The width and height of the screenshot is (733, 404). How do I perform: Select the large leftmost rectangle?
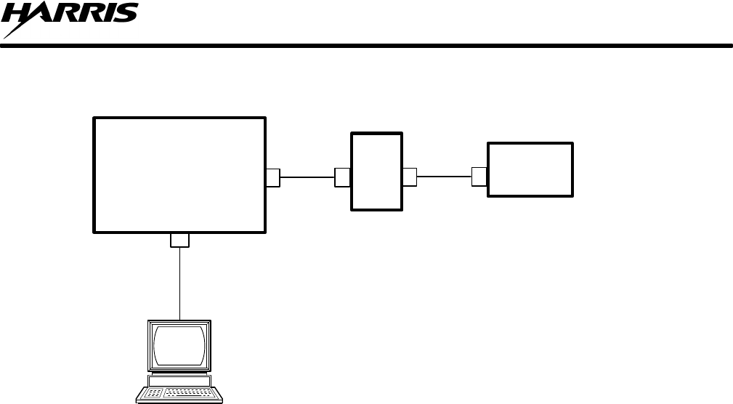point(179,174)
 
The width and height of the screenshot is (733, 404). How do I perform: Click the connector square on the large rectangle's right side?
point(273,177)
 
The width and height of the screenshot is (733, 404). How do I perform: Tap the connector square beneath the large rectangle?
point(179,240)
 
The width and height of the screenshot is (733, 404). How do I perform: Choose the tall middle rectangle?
point(376,171)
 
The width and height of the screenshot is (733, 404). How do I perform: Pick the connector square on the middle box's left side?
point(342,177)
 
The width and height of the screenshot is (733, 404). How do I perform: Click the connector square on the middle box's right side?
point(410,177)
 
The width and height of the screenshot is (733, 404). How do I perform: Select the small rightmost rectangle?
point(530,169)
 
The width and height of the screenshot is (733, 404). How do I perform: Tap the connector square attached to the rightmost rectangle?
point(479,177)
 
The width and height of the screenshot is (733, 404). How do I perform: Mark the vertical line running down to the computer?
point(179,283)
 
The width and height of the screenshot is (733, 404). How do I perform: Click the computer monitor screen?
point(179,346)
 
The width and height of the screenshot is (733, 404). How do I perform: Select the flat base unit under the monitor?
point(179,381)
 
